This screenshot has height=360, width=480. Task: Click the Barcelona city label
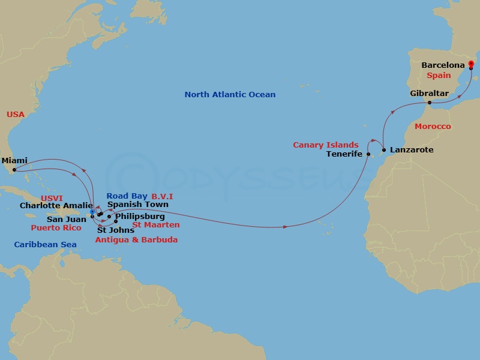point(443,65)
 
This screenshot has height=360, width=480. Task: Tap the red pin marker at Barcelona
point(471,64)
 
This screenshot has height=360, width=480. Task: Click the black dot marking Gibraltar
point(430,103)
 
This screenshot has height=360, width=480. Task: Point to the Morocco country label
point(432,127)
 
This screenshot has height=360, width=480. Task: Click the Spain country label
point(439,76)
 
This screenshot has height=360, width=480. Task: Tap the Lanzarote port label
point(411,149)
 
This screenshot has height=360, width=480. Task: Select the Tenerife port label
point(344,154)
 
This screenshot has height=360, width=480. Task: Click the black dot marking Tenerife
point(368,154)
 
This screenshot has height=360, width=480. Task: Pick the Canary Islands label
point(326,145)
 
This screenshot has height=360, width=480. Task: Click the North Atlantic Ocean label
point(230,94)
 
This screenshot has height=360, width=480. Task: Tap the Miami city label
point(14,160)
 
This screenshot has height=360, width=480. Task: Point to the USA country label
point(16,114)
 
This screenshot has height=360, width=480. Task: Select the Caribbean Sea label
point(41,244)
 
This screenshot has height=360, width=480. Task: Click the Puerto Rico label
point(56,228)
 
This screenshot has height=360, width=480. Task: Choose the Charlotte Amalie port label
point(56,205)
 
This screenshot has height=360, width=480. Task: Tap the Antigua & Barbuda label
point(137,239)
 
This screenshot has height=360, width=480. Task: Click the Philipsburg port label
point(139,216)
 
